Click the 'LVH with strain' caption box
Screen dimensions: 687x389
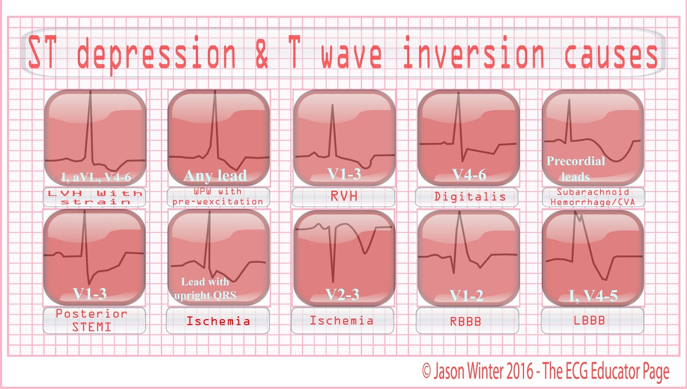(x=94, y=197)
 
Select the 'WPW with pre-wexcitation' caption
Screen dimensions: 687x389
(x=218, y=197)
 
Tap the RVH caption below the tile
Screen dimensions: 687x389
(x=343, y=197)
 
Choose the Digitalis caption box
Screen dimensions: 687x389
(x=467, y=197)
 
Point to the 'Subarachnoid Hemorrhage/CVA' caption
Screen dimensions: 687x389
(x=593, y=197)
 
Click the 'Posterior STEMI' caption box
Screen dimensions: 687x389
(x=94, y=321)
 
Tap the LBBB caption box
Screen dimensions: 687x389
(x=593, y=321)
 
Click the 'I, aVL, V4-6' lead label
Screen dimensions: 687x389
(x=96, y=177)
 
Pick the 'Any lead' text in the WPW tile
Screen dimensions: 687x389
(x=215, y=176)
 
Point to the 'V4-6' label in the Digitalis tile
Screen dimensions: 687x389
(x=469, y=175)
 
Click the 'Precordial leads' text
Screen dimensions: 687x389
(x=576, y=168)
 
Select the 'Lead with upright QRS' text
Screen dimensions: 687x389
(x=205, y=288)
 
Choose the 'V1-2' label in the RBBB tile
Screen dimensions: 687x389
(x=466, y=296)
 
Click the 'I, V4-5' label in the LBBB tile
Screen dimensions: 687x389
(x=593, y=296)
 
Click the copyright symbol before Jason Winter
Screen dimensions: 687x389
(x=426, y=371)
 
